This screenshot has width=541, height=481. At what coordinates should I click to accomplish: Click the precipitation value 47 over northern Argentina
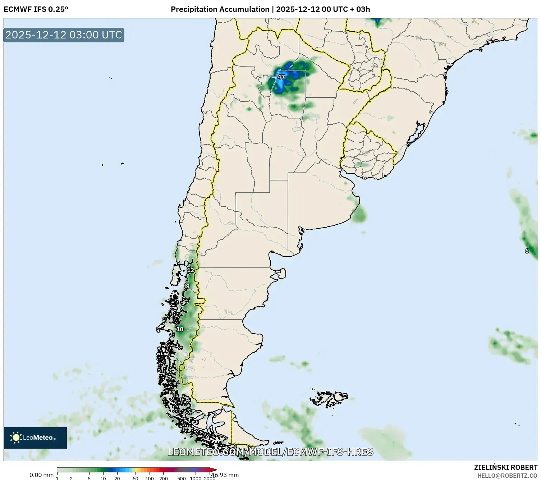281,77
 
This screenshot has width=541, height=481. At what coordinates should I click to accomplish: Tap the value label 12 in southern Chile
191,270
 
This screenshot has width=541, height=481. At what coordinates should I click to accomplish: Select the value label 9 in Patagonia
187,286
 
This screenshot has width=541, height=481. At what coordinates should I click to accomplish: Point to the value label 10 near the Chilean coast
180,329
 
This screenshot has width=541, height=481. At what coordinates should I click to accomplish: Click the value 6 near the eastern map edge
527,251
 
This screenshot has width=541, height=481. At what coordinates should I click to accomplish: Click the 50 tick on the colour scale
135,478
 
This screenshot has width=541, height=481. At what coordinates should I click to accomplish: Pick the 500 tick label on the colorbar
182,478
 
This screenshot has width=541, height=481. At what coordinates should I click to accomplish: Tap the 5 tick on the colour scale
89,478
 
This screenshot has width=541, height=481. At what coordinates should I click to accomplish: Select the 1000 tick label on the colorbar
196,478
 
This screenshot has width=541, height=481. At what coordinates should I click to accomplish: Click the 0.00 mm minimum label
41,475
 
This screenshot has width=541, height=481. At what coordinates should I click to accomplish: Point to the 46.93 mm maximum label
225,475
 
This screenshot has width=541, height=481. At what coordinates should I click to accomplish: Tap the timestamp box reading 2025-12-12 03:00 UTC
64,35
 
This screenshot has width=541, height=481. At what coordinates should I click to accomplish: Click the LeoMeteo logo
35,438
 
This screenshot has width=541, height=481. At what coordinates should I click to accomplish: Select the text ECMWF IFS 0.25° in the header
36,9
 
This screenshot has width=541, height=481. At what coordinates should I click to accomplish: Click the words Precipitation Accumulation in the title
220,9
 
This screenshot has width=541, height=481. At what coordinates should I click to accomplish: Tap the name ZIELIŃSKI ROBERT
506,467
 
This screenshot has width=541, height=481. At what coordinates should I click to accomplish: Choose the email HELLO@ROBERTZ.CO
507,476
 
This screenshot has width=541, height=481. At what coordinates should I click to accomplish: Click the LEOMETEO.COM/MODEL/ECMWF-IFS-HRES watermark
270,452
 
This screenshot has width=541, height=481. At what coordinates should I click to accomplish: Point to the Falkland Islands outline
330,398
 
